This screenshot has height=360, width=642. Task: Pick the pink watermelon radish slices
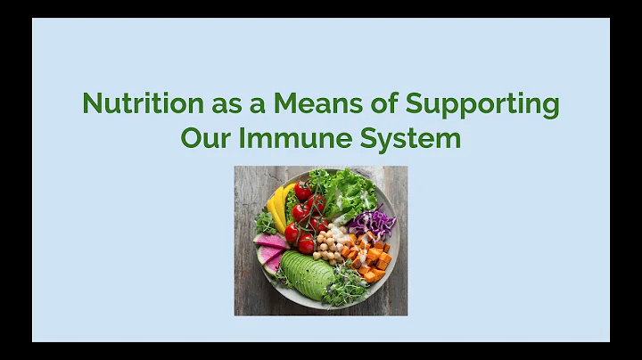271,250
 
